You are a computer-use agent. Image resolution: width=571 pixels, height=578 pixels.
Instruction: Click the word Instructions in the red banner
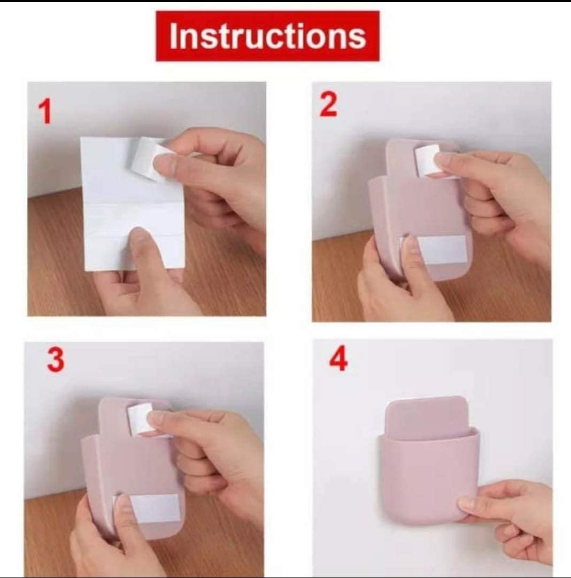pos(267,36)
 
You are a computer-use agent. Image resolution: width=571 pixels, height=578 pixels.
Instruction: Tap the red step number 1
pos(46,112)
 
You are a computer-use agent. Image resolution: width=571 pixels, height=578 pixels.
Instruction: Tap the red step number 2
pos(328,105)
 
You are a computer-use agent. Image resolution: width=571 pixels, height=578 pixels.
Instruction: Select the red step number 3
pos(56,360)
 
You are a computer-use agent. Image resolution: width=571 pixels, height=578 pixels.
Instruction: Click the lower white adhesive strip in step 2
pos(441,249)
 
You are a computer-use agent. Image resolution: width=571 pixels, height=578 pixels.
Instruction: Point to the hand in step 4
pos(508,514)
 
